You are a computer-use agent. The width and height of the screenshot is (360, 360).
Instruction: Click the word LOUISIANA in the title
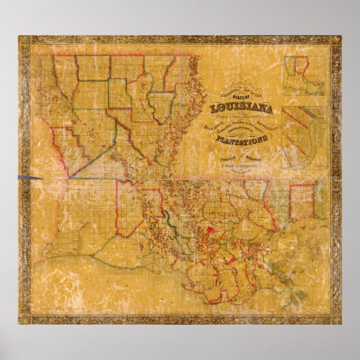[241, 108]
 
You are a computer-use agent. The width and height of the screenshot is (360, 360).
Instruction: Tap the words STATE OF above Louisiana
[241, 98]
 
